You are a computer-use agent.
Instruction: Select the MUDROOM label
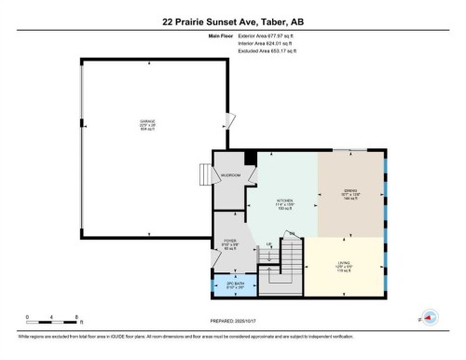[x=230, y=174]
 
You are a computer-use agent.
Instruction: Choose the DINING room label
[x=349, y=195]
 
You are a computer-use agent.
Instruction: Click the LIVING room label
[x=344, y=266]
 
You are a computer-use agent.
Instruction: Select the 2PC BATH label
[x=235, y=285]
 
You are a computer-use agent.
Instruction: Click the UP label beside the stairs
[x=269, y=244]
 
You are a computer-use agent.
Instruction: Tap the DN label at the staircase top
[x=291, y=232]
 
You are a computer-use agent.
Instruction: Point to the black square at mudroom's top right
[x=250, y=158]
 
